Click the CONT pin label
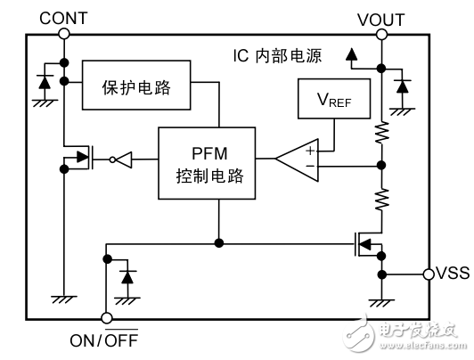(63, 16)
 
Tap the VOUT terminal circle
(380, 35)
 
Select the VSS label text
(452, 274)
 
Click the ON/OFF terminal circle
(106, 318)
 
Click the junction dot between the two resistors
(380, 166)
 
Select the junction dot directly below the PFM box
(218, 241)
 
